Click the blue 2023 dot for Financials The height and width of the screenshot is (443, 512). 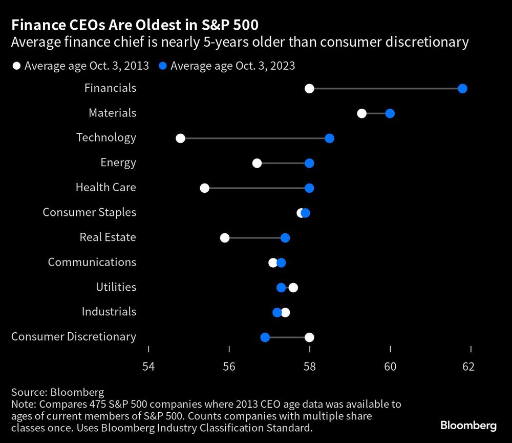point(462,89)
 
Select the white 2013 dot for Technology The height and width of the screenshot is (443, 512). point(180,138)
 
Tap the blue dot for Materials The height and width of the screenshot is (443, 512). point(390,113)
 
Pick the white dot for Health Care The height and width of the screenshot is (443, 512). point(204,188)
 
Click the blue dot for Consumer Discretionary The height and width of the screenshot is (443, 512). point(265,337)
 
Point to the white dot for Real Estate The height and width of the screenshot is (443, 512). point(224,238)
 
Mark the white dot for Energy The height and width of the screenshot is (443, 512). point(257,163)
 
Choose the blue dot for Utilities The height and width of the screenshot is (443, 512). point(281,288)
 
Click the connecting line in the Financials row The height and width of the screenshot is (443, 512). point(384,89)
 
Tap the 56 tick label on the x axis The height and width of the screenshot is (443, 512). point(229,367)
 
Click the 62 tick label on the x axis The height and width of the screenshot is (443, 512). point(468,367)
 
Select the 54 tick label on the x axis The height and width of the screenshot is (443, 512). point(148,367)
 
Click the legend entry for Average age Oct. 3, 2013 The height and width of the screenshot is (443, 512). point(81,66)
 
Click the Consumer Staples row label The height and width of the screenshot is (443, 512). point(89,212)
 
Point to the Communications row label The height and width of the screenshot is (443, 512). point(92,262)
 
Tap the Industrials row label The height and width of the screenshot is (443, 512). point(109,312)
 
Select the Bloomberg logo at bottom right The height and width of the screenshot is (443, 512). point(468,426)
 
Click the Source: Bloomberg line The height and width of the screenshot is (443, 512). point(57,393)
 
